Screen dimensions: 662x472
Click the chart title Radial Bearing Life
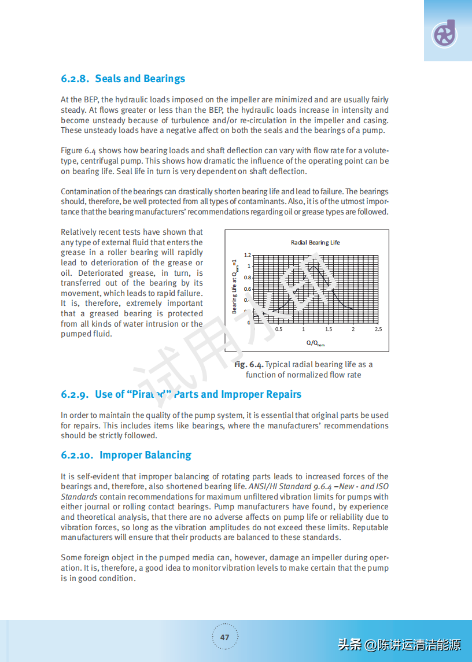315,243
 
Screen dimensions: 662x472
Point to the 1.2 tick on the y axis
248,255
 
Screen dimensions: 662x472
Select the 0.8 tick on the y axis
248,278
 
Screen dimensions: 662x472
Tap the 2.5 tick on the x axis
378,329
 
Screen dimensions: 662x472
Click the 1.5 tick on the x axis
329,329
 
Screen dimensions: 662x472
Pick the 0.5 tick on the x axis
279,329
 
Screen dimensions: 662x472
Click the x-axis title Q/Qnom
315,343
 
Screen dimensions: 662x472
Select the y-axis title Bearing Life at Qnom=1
235,286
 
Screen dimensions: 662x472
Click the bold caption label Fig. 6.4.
249,365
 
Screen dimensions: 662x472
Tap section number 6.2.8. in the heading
75,79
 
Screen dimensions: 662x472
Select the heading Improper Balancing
145,455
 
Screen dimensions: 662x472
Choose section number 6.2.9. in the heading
75,394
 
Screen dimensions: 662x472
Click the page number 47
225,637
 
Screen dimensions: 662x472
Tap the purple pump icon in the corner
445,34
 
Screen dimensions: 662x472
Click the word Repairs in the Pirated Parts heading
281,394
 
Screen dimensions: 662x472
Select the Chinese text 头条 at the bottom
349,644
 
